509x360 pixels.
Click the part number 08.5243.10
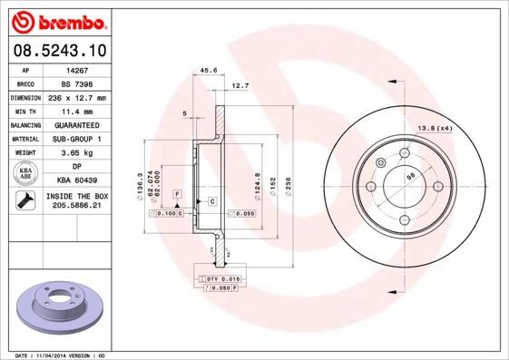58,50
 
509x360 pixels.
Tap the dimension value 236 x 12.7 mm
76,97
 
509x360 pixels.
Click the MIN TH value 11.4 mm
76,111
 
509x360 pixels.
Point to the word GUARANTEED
76,124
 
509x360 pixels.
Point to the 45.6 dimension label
208,69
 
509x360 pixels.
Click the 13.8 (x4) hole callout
435,128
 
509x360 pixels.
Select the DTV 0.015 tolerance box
220,277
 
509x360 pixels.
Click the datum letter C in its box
211,199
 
